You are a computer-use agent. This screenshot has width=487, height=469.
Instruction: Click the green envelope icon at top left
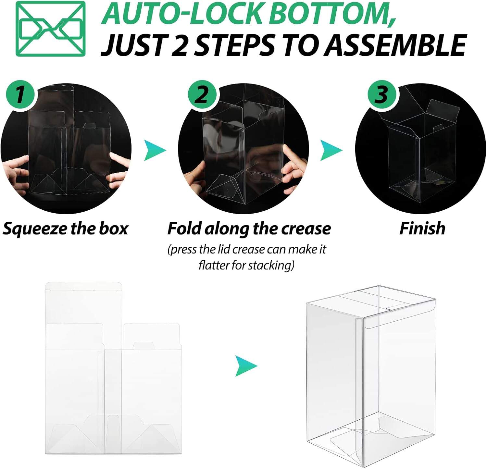point(51,29)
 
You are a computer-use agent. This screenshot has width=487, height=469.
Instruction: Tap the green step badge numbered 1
point(20,94)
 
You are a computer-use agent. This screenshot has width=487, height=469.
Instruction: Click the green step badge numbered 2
point(202,94)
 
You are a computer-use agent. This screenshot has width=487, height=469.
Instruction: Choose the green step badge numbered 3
point(381,94)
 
